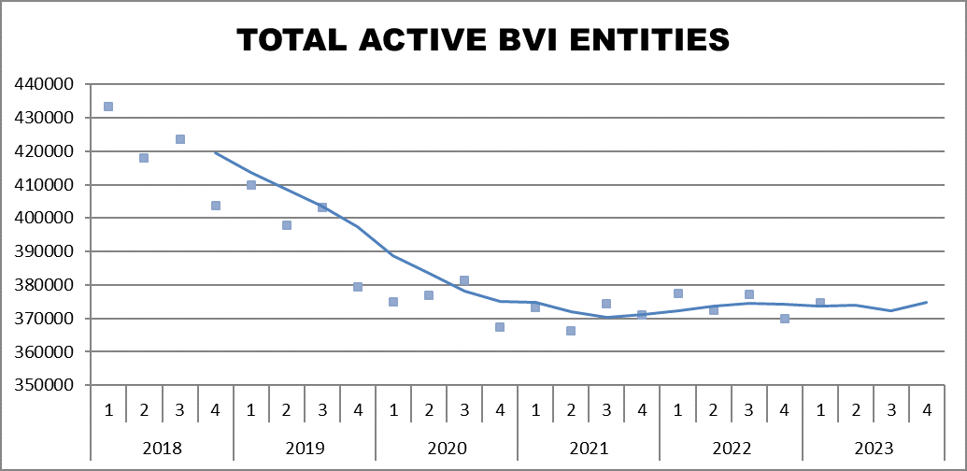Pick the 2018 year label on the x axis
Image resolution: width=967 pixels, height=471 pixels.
click(x=162, y=448)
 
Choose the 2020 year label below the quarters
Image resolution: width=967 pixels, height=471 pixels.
click(x=447, y=448)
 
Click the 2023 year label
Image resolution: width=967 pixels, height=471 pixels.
click(x=873, y=448)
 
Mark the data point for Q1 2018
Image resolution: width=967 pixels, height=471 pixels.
click(x=108, y=107)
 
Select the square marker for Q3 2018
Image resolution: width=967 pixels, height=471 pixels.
click(x=180, y=139)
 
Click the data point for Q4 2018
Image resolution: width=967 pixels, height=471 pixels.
click(x=216, y=206)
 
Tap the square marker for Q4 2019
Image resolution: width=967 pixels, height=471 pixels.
click(x=358, y=287)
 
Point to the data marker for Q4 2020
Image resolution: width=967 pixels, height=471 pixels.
click(x=500, y=327)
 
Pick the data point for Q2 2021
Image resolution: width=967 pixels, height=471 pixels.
click(x=571, y=331)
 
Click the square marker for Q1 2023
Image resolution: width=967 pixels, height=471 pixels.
click(x=820, y=303)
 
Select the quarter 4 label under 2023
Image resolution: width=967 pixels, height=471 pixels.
click(x=926, y=410)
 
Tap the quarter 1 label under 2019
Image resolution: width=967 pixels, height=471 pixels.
click(x=250, y=410)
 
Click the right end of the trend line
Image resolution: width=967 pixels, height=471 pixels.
click(x=926, y=302)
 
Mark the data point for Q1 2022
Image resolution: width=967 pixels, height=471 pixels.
click(x=678, y=293)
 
